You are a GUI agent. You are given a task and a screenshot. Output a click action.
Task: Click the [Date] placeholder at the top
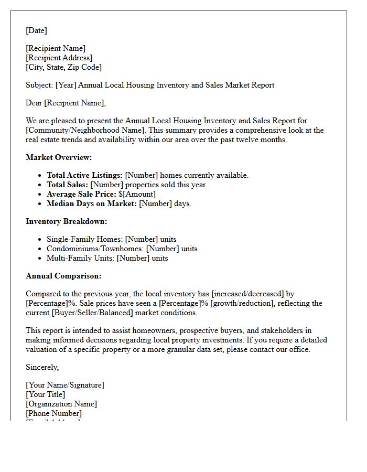[x=36, y=30]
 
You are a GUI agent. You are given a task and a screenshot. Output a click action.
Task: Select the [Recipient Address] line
[x=59, y=58]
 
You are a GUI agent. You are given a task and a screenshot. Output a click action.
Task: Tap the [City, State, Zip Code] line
[x=63, y=67]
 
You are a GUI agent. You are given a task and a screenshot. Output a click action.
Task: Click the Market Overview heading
[x=59, y=157]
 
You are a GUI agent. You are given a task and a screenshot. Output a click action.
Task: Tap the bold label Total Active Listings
[x=84, y=175]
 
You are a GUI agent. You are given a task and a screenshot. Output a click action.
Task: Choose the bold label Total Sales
[x=67, y=185]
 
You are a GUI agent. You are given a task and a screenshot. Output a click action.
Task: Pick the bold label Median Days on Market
[x=92, y=203]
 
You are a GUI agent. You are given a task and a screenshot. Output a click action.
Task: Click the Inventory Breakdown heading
[x=67, y=221]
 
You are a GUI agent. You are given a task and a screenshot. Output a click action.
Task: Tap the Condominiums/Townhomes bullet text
[x=95, y=249]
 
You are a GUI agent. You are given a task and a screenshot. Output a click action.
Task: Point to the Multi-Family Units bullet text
[x=81, y=258]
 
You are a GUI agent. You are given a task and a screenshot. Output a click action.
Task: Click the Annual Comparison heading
[x=63, y=276]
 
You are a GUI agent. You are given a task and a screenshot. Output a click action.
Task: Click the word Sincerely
[x=42, y=367]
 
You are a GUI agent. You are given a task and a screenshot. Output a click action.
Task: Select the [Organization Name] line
[x=61, y=404]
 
